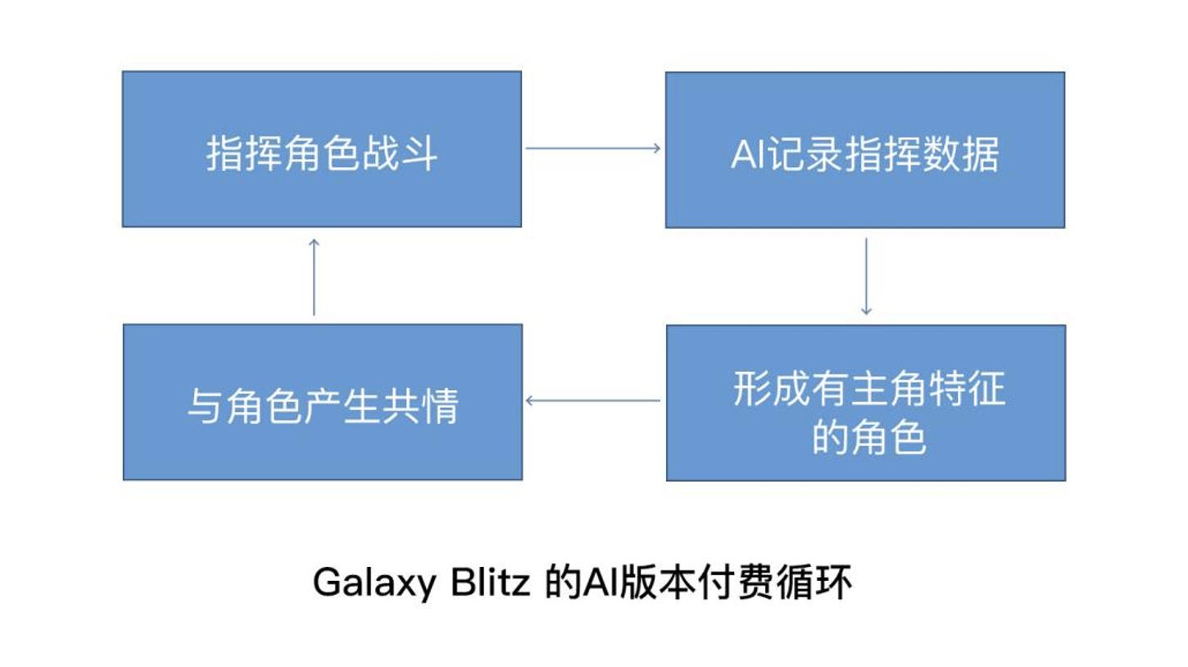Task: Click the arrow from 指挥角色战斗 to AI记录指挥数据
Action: pos(592,148)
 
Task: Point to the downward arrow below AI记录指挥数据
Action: pos(866,276)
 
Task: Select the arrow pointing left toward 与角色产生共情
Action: pos(592,401)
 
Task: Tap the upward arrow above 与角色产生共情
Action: pos(314,276)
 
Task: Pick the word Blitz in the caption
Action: pos(490,583)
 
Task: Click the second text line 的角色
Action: pos(868,437)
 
